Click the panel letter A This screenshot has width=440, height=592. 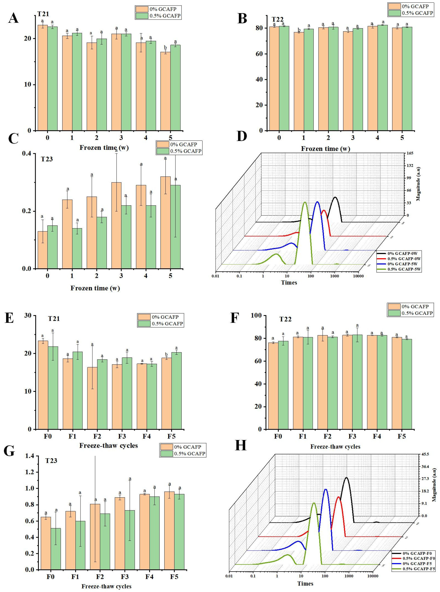(13, 18)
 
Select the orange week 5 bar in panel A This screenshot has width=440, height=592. (165, 91)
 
